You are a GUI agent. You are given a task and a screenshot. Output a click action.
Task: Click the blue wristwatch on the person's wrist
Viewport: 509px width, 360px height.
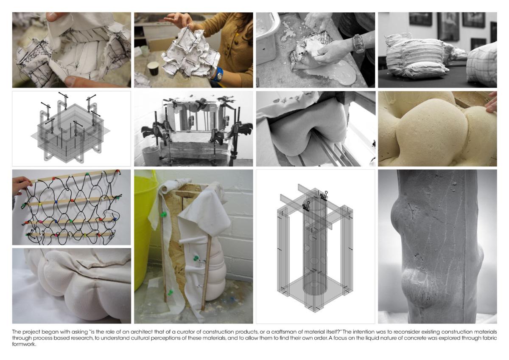click(218, 74)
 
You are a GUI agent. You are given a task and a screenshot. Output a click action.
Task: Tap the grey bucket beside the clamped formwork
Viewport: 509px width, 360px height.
click(151, 156)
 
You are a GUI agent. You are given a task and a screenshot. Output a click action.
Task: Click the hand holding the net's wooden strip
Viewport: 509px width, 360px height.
click(22, 185)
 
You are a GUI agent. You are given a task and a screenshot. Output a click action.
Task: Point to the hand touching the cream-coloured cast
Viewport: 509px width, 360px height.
click(492, 103)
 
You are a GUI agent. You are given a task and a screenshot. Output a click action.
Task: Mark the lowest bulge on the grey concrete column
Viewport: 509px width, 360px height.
click(416, 287)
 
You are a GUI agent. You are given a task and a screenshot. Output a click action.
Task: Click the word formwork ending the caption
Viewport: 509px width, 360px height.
click(24, 344)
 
